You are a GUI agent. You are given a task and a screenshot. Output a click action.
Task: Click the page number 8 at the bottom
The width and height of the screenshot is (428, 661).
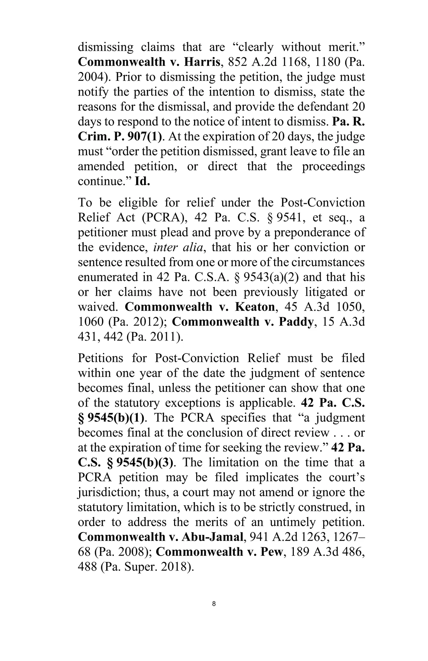[214, 604]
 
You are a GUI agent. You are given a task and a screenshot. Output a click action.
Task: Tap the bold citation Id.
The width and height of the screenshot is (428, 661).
[143, 181]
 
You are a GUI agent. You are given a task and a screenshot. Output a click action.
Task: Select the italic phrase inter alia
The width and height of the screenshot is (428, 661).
[178, 247]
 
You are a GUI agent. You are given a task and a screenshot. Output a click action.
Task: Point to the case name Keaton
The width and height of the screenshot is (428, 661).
[255, 307]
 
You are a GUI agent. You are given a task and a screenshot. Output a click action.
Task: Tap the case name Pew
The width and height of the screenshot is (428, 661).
[274, 552]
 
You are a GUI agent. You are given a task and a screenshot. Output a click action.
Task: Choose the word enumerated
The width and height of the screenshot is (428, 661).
[112, 277]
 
